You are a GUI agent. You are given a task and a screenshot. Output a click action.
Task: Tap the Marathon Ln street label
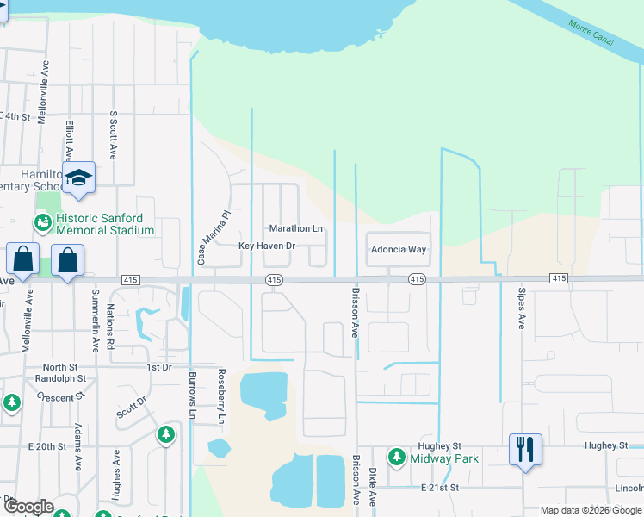tap(296, 229)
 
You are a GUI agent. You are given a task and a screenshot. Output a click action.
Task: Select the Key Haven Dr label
tap(267, 246)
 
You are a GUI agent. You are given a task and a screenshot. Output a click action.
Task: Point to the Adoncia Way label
tap(398, 250)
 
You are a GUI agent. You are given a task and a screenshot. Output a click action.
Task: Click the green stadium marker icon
tap(42, 223)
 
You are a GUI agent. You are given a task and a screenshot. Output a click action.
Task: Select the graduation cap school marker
tap(78, 178)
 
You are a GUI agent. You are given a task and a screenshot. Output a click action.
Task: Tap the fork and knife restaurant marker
tap(525, 450)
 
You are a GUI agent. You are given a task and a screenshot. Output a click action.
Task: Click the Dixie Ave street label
tap(373, 487)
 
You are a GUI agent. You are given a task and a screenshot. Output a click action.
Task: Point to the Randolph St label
tap(59, 378)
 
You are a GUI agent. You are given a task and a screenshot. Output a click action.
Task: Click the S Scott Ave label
tap(113, 136)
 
